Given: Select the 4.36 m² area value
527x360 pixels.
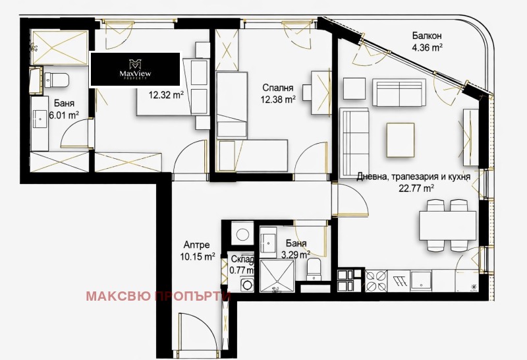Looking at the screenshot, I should (x=427, y=47).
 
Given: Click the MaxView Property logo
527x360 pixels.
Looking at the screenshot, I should (x=135, y=69).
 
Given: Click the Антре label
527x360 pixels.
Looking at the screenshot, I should (x=196, y=245).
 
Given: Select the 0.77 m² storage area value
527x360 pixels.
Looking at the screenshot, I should (x=242, y=270).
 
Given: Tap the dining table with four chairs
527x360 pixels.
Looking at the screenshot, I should (x=446, y=225).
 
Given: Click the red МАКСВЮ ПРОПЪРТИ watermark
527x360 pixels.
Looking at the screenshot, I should (x=158, y=296).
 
